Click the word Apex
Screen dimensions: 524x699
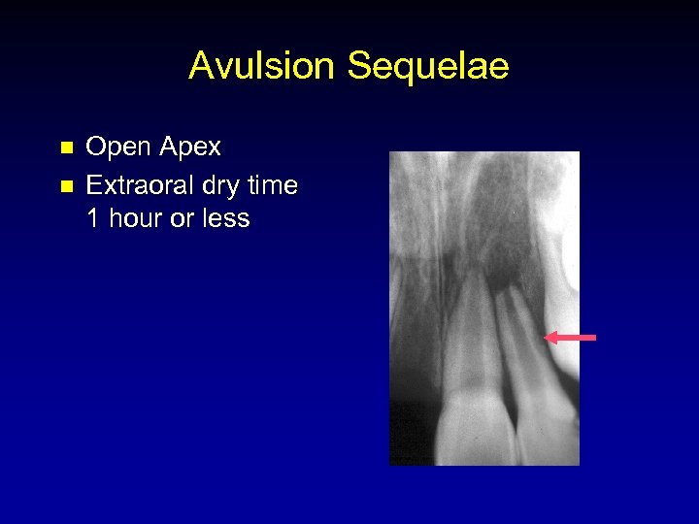pos(189,147)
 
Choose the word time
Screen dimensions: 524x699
pos(274,183)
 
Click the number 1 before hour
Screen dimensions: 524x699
pos(93,219)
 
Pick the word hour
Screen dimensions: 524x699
pos(136,219)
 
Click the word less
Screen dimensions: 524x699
pos(225,219)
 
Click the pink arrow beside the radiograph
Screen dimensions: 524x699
pos(570,338)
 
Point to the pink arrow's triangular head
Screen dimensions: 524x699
pos(550,338)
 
